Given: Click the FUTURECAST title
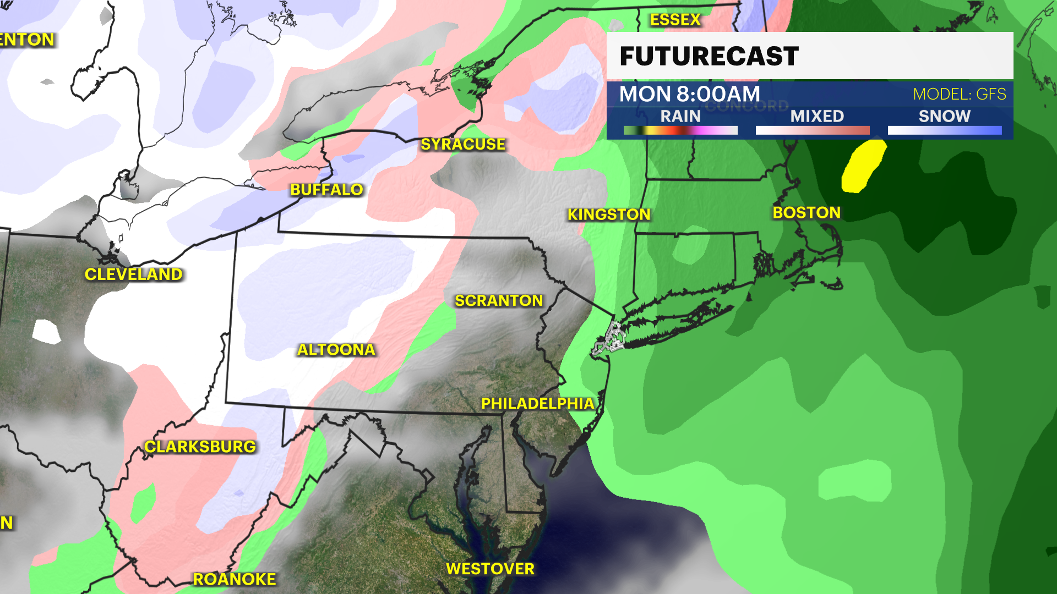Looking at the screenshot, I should coord(709,56).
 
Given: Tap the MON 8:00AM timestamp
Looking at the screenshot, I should coord(689,94).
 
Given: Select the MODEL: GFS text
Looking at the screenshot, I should coord(959,94).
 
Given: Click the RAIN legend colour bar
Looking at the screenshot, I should coord(680,130).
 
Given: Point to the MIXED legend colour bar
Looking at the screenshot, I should coord(813,130).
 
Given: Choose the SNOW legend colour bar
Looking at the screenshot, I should coord(945,130).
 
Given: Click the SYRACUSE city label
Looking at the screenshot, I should coord(463,144).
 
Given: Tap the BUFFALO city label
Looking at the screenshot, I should coord(326,190).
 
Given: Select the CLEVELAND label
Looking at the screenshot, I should coord(133,274).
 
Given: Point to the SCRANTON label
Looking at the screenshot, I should coord(499,300).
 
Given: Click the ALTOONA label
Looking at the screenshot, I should coord(336,349).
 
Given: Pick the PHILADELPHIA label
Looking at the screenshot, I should coord(538,404).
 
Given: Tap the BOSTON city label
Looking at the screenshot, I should coord(807,213).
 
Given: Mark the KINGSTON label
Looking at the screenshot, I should coord(609,215).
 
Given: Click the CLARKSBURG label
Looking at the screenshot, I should coord(200,447).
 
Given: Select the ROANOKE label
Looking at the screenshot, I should coord(235,579).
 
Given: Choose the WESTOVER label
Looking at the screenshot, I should coord(490,569).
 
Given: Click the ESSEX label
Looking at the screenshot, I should coord(675,20).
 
